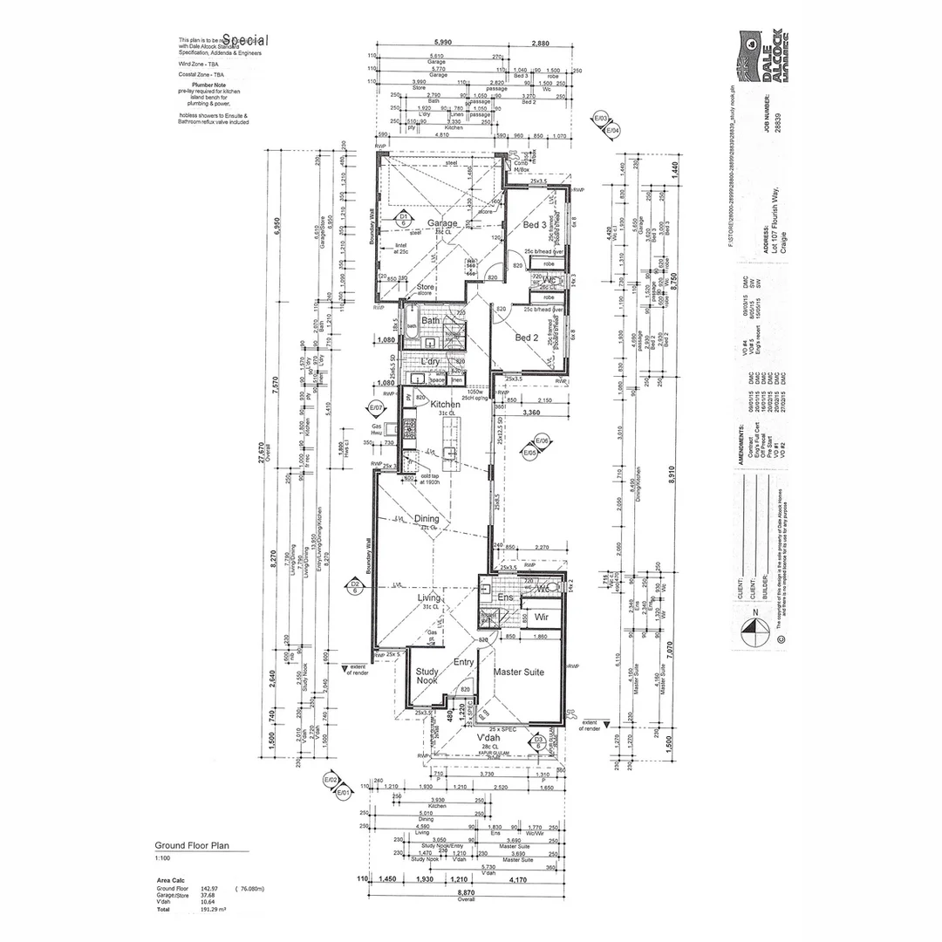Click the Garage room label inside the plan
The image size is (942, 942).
tap(442, 224)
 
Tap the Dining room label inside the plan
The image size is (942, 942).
tap(427, 519)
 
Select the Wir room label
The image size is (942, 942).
tap(541, 618)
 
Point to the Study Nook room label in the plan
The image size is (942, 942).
tap(427, 675)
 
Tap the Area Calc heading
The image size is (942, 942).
tap(169, 881)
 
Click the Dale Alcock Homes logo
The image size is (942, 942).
tap(764, 58)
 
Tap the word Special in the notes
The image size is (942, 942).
tap(246, 40)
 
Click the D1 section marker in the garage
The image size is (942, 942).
tap(403, 218)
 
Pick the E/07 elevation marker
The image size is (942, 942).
tap(376, 407)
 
